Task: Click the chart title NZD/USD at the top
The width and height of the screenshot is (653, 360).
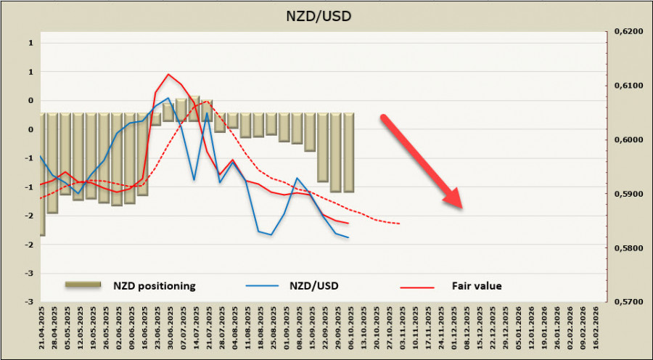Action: (324, 15)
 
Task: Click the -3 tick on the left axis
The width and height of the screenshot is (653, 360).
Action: (31, 301)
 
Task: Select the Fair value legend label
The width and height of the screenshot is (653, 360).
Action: (475, 285)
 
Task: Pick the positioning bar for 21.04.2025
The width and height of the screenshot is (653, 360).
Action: (42, 174)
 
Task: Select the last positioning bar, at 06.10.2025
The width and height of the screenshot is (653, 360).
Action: (349, 152)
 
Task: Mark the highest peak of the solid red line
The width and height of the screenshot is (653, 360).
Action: (168, 74)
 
